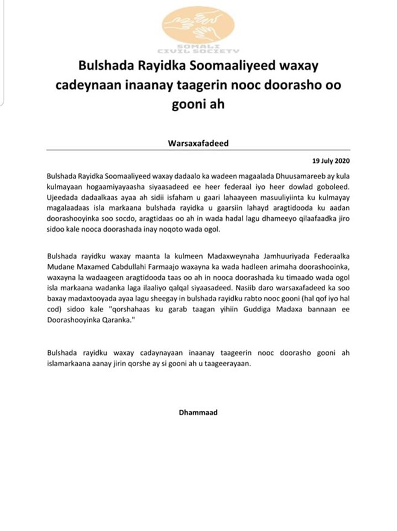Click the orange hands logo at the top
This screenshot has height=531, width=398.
tap(200, 27)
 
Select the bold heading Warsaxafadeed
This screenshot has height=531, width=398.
tap(199, 144)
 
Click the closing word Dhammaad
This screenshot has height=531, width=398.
tap(198, 413)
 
